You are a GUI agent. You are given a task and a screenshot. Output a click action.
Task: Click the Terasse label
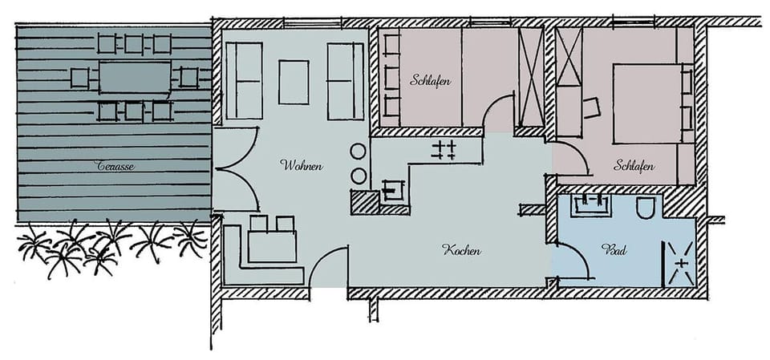(x=115, y=167)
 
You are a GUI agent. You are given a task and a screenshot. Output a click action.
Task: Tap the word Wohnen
(x=301, y=166)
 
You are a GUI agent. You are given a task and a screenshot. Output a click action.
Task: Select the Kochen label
(x=461, y=251)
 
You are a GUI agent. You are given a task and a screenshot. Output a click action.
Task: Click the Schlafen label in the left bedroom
(x=430, y=80)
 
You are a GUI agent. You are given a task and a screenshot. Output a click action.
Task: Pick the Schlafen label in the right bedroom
(x=634, y=167)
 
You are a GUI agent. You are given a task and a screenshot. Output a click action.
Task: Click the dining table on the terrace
(x=135, y=78)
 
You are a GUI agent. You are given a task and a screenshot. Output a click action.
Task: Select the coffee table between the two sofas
(x=294, y=82)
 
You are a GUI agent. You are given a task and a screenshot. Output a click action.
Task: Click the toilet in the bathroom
(x=646, y=208)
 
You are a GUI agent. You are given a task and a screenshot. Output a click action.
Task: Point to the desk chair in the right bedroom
(x=592, y=107)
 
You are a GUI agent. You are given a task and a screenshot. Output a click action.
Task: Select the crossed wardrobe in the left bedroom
(x=530, y=76)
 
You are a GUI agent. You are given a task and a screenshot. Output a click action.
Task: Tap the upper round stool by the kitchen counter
(x=359, y=151)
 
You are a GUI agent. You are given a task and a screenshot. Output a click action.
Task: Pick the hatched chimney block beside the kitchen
(x=363, y=201)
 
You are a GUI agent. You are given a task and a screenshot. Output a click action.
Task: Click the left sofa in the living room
(x=245, y=80)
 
